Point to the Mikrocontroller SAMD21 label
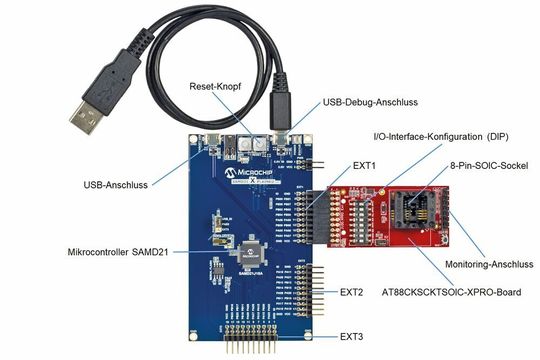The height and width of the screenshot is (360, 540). click(125, 251)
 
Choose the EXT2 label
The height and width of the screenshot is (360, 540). click(352, 292)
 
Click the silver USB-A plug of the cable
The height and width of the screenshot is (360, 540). click(90, 104)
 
